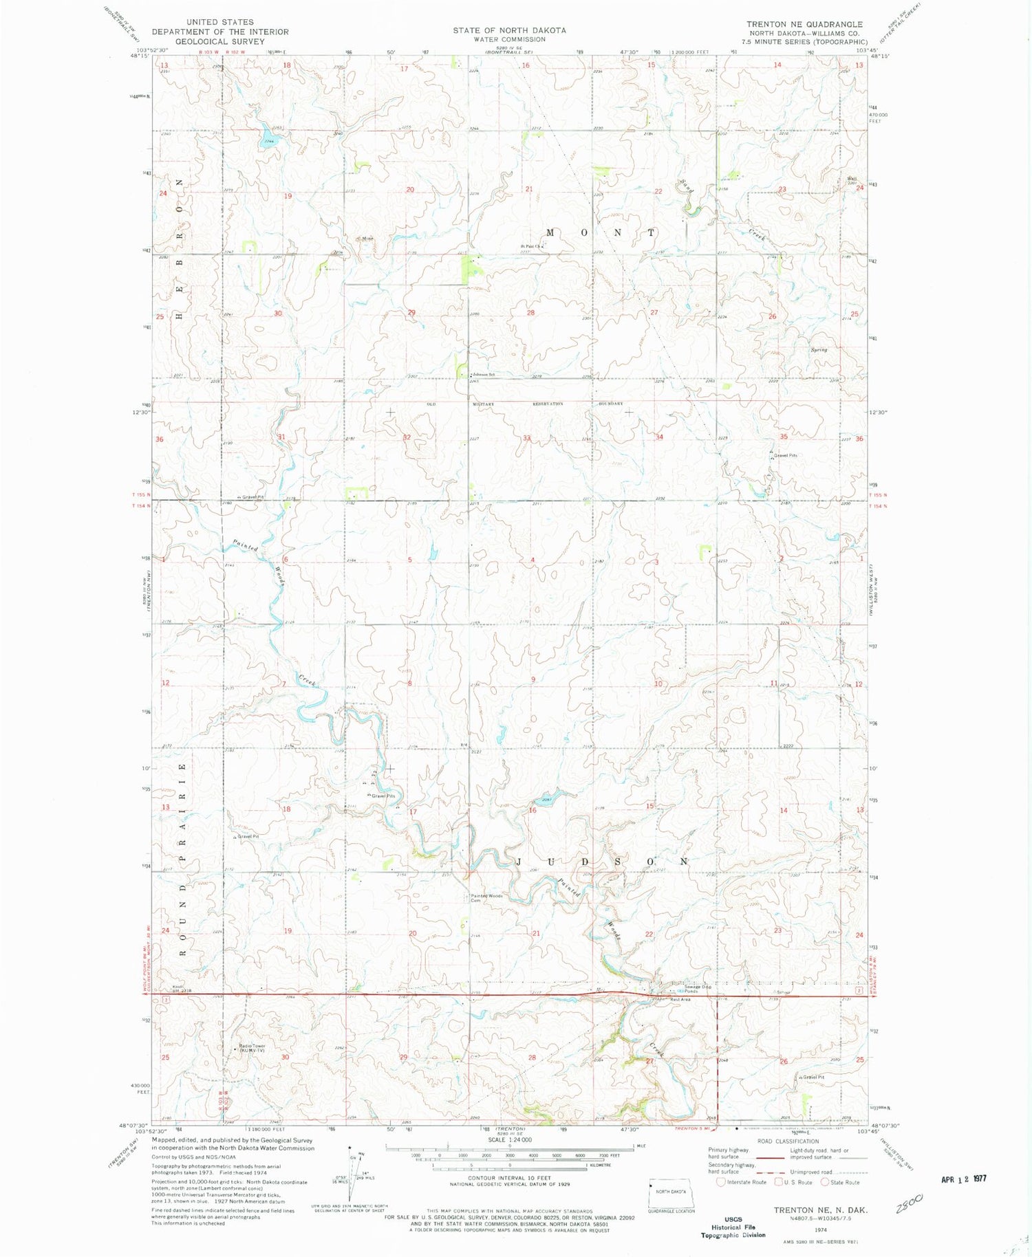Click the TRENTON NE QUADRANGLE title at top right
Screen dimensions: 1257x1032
click(804, 24)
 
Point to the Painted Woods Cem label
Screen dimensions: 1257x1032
click(487, 897)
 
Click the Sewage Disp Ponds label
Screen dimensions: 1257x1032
click(687, 989)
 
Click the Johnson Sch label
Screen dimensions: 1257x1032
click(484, 374)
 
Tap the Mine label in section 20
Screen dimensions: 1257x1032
click(367, 239)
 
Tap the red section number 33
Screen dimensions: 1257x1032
click(526, 438)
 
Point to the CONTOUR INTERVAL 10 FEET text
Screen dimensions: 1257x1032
click(509, 1178)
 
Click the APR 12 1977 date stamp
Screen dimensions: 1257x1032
click(963, 1178)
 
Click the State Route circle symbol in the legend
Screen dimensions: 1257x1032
click(825, 1182)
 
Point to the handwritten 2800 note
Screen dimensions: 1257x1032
click(910, 1202)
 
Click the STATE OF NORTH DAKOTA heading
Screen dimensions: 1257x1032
click(509, 30)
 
